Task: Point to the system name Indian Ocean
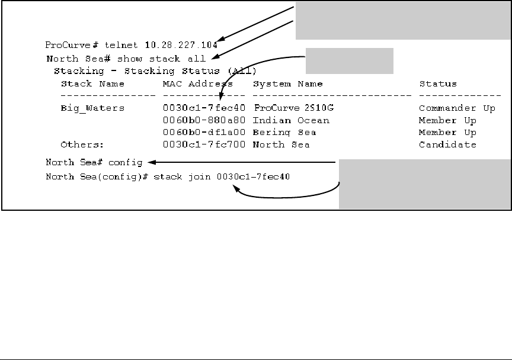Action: pos(291,120)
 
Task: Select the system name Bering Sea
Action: pos(284,133)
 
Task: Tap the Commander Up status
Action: pos(456,108)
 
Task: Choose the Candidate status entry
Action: pos(447,144)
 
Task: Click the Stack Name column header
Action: pos(92,84)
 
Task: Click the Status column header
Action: pos(438,84)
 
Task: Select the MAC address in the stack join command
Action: pos(255,177)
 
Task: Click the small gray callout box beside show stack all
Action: pos(350,61)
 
